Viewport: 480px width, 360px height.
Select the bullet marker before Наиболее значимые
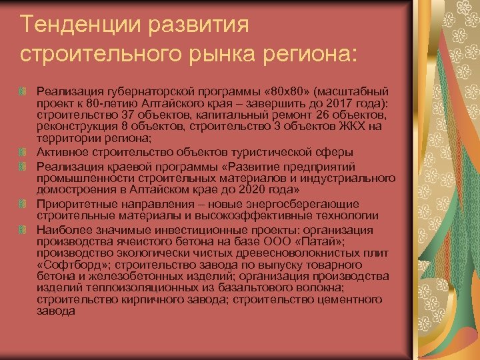click(23, 230)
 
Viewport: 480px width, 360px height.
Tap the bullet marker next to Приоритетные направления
click(23, 203)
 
